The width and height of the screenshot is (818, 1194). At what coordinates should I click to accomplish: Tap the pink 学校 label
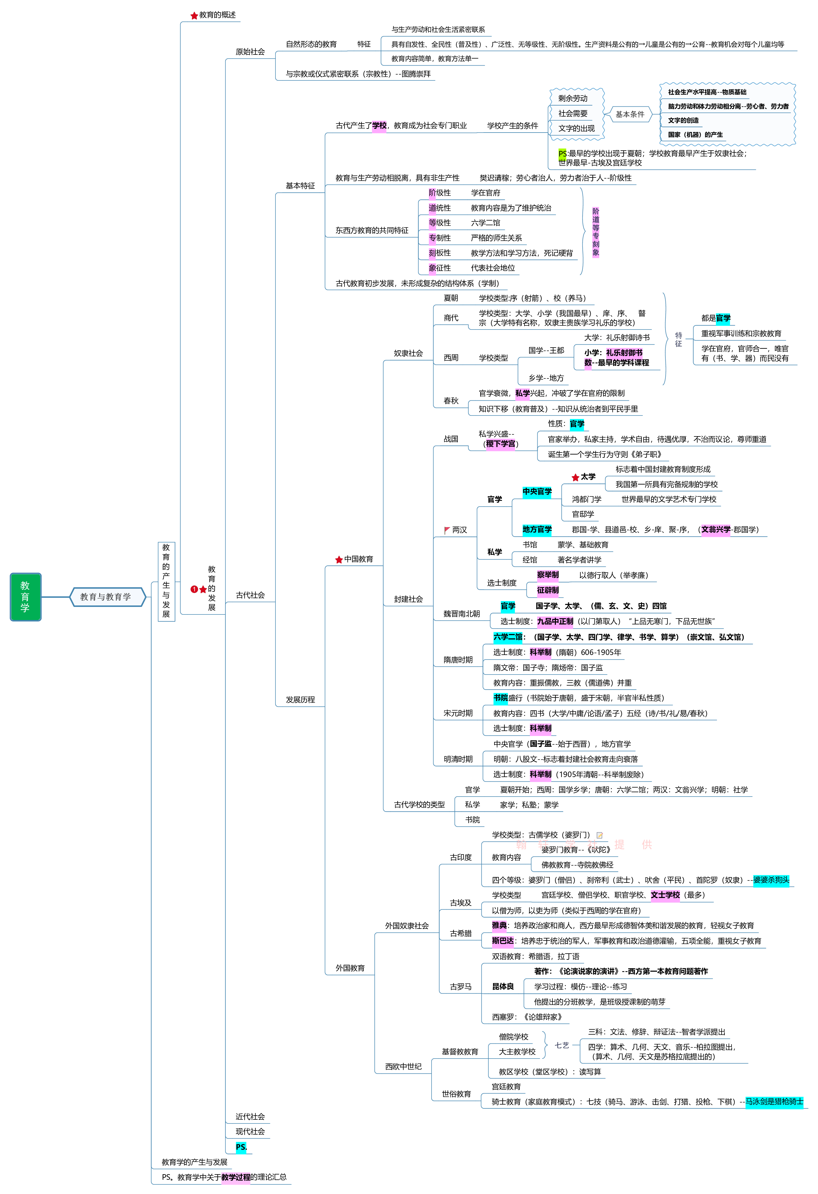379,126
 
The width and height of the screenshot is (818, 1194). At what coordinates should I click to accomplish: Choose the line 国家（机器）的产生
695,135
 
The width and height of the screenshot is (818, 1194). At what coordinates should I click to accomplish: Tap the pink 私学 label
522,394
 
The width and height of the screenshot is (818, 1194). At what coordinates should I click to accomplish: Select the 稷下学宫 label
500,444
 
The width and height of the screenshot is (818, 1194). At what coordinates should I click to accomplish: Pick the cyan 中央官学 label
537,492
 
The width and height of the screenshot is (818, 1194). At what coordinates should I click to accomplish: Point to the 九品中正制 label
554,622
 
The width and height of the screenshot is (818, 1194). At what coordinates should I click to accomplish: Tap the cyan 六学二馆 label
508,637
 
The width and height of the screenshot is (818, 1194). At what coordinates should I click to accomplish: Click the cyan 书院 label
501,698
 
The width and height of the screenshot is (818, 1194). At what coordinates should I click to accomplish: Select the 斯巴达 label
503,941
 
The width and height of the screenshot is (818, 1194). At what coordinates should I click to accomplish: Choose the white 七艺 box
562,1045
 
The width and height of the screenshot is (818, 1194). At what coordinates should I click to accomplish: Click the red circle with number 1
194,589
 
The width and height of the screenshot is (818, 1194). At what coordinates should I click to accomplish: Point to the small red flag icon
447,529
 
